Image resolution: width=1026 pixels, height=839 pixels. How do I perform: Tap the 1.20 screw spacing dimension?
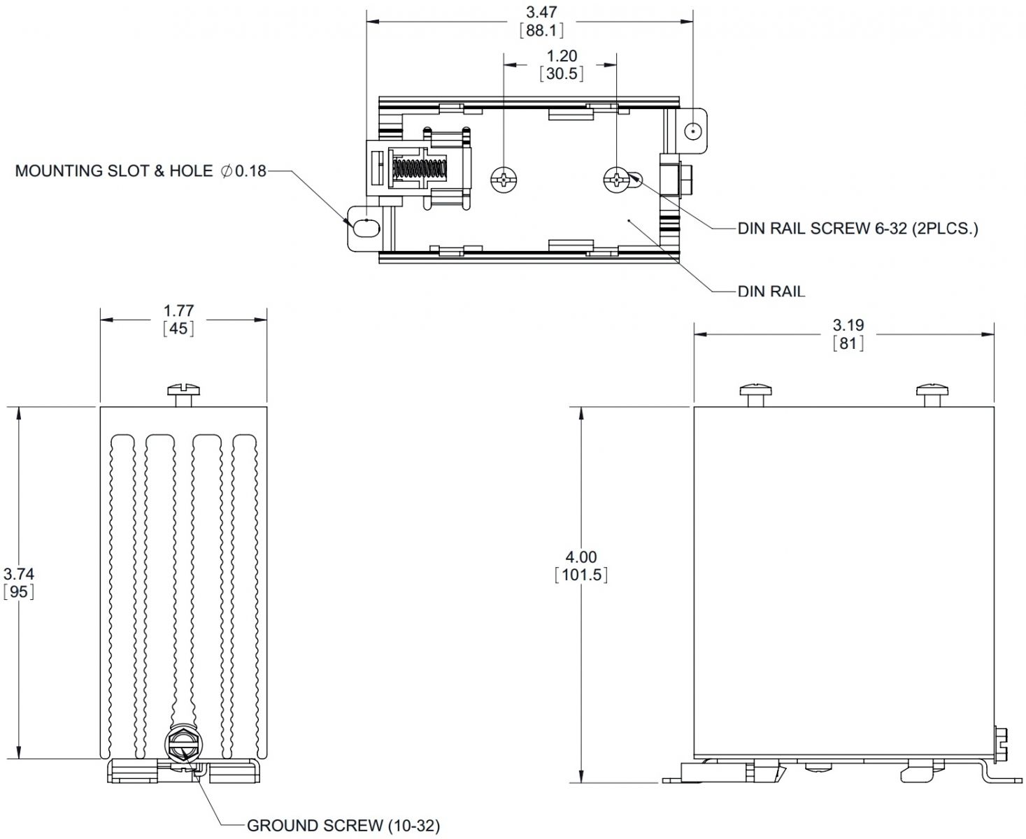(x=562, y=56)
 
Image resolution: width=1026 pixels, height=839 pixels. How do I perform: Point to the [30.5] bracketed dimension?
(x=562, y=73)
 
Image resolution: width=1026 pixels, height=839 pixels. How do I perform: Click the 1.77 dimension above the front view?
(x=178, y=310)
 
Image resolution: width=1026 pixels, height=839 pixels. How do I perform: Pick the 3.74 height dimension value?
(x=19, y=574)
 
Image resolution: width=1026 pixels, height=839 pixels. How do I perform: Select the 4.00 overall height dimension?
(x=580, y=557)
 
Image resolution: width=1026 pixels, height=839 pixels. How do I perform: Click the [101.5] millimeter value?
(x=580, y=575)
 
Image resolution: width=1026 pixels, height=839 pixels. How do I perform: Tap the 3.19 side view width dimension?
(x=848, y=325)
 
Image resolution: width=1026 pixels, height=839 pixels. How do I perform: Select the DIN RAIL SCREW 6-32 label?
(x=857, y=228)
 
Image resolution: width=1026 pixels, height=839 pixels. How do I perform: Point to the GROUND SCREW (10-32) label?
(x=343, y=825)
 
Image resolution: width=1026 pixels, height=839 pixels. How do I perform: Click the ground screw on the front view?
(x=183, y=746)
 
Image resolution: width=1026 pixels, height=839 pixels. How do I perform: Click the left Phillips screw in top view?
(x=504, y=180)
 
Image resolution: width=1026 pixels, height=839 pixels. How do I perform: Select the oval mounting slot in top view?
(x=366, y=227)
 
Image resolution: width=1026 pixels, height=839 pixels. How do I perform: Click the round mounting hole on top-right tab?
(x=692, y=131)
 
